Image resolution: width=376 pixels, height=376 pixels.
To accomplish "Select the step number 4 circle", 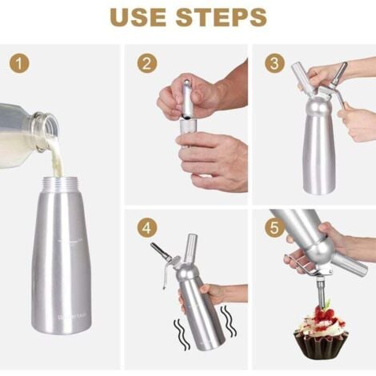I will point(146,228).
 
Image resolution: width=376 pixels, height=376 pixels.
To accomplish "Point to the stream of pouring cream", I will point(54,156).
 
